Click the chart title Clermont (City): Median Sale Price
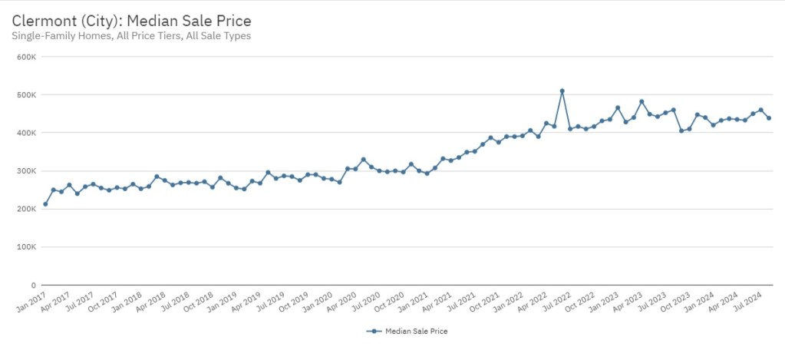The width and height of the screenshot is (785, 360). point(131,19)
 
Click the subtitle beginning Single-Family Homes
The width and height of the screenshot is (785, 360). point(131,35)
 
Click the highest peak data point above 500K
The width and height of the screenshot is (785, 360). point(562,91)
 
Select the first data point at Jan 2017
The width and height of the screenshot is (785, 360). point(45,204)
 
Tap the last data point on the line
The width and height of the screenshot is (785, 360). point(769,118)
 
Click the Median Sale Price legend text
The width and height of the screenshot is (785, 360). point(417,332)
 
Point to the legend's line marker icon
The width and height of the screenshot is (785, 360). point(374,332)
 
